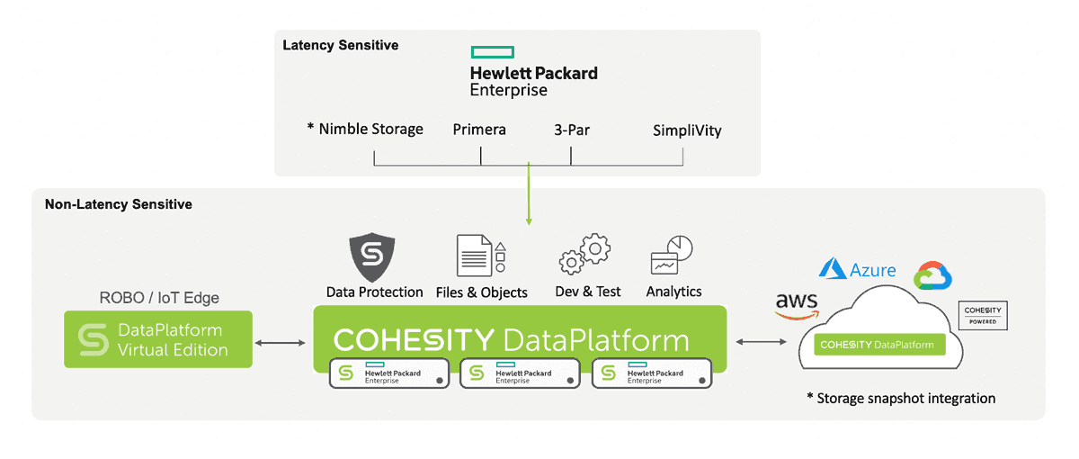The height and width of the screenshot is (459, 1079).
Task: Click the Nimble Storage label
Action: coord(365,130)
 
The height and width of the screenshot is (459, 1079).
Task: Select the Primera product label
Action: coord(479,130)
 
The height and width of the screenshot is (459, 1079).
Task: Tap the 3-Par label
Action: coord(571,130)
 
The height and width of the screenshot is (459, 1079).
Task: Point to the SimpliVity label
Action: coord(687,130)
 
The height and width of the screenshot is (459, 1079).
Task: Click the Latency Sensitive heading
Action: coord(340,45)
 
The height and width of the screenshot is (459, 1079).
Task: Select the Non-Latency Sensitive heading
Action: coord(119,204)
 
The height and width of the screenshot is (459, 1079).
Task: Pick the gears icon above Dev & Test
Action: coord(585,254)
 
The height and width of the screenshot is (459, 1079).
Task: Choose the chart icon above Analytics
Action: coord(671,256)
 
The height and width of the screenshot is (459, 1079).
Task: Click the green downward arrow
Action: coord(529,193)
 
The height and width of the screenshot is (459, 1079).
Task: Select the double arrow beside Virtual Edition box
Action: coord(282,342)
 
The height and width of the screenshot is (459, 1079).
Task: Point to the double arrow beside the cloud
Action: coord(762,342)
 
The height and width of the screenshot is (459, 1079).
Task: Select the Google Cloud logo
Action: coord(932,276)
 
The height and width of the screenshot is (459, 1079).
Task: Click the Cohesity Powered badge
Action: coord(982,315)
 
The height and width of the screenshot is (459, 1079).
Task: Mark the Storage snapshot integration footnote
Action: coord(900,398)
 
